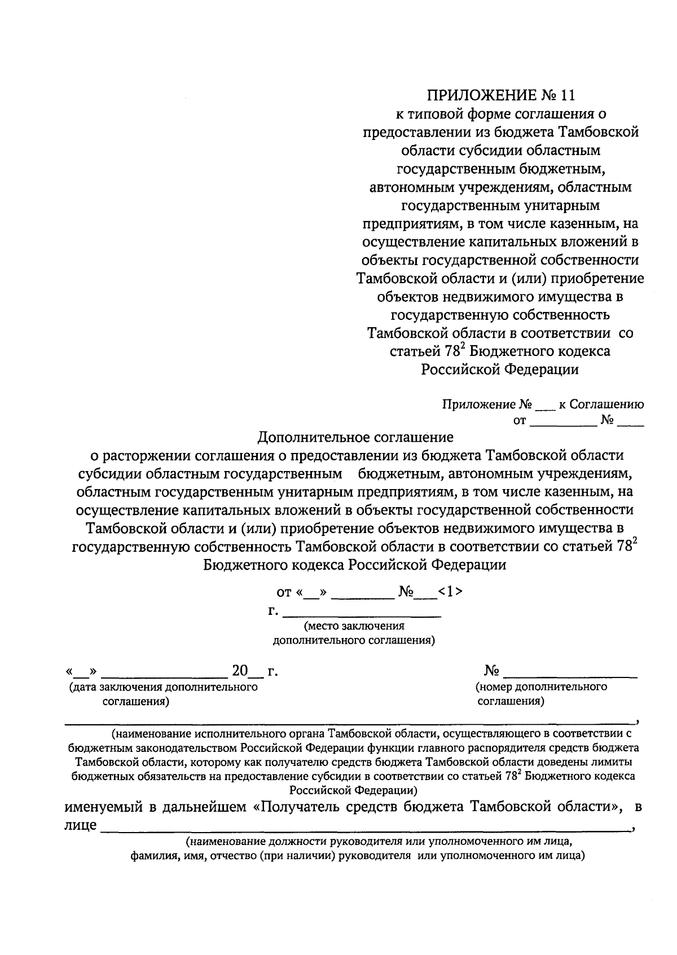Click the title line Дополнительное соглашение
click(355, 437)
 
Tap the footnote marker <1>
click(451, 591)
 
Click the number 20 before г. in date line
click(240, 671)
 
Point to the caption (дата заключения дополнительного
click(163, 687)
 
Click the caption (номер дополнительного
click(542, 687)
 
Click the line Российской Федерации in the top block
click(500, 369)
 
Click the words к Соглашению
click(601, 405)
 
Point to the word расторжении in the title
click(147, 455)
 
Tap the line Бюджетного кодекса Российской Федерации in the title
click(355, 565)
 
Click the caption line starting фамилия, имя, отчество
click(355, 856)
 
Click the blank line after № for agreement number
click(570, 672)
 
